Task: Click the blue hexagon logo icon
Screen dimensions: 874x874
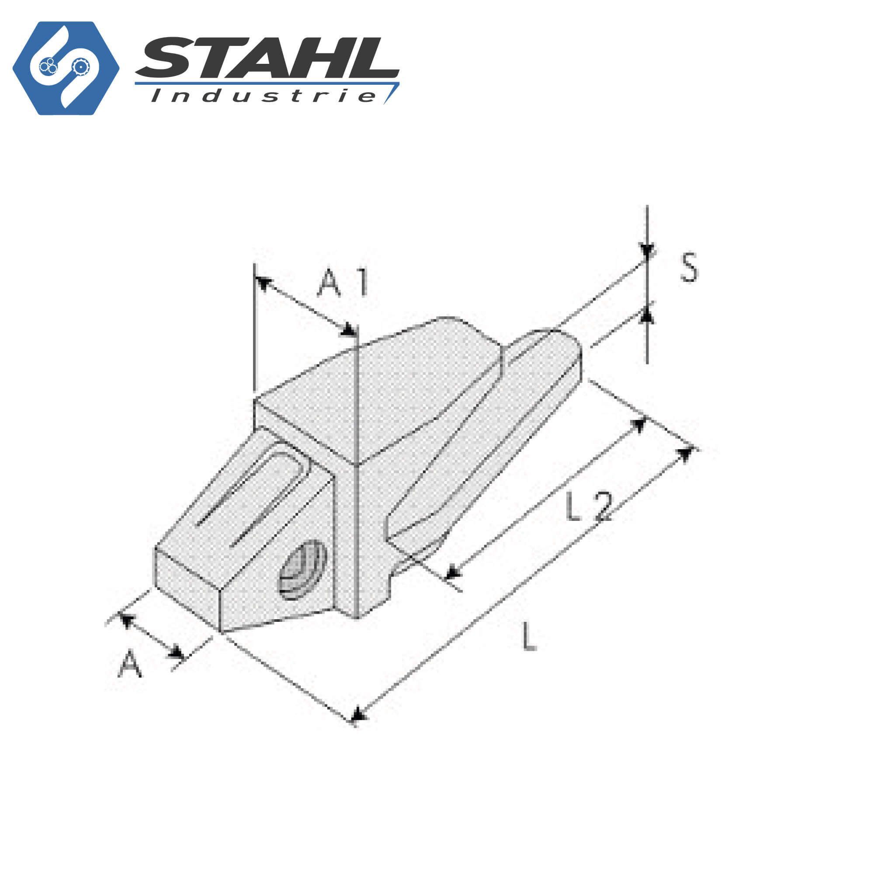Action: (66, 68)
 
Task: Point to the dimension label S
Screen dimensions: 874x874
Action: (689, 268)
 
